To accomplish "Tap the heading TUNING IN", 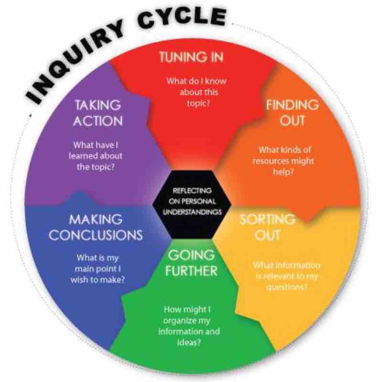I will (191, 57).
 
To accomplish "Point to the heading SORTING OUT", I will (267, 227).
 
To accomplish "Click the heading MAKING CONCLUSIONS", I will (96, 227).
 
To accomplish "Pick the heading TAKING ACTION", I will (97, 113).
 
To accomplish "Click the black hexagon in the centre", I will (191, 201).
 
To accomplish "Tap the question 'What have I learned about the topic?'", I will (98, 156).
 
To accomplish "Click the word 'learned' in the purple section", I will (89, 156).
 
